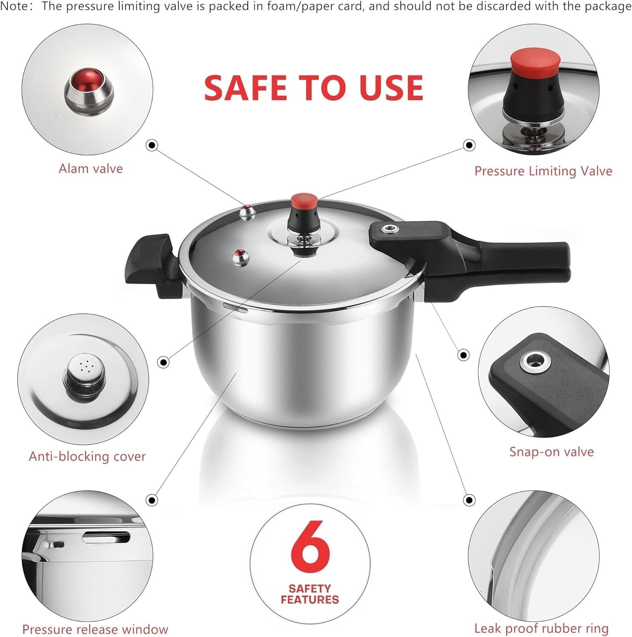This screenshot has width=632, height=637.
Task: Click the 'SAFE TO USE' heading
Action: click(x=313, y=87)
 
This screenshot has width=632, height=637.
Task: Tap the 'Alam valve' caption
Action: click(x=90, y=169)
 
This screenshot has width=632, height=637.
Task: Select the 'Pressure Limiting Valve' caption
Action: click(x=543, y=171)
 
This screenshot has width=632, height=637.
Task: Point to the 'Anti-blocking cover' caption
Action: click(x=87, y=456)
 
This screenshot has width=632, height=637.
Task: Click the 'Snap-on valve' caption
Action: click(x=551, y=451)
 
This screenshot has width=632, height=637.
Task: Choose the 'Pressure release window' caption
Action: click(x=95, y=629)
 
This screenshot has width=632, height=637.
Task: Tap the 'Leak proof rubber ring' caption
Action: click(x=541, y=628)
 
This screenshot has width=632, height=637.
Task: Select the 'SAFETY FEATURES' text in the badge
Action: click(x=310, y=594)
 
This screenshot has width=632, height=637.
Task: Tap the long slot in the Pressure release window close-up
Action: click(x=106, y=537)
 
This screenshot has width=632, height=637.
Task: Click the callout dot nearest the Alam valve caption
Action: click(x=152, y=145)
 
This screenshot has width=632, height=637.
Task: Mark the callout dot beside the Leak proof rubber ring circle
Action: click(x=469, y=500)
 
